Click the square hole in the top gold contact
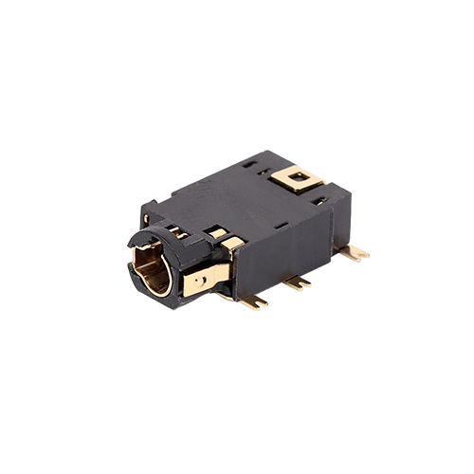pos(301,175)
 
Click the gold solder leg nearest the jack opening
pos(253,301)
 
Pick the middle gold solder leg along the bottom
pos(296,282)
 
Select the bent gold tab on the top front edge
pos(231,243)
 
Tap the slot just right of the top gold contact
pos(321,200)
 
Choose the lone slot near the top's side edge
pos(282,226)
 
